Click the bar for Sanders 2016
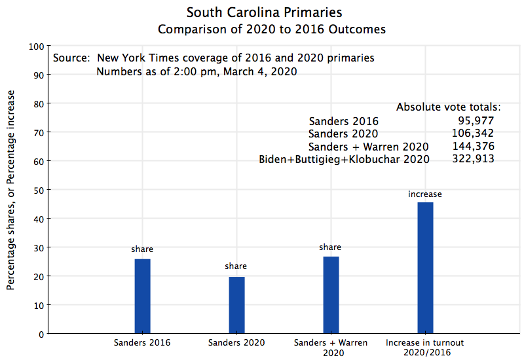[142, 296]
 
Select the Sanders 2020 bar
[236, 305]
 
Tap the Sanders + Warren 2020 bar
[331, 295]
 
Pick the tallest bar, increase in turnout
[425, 268]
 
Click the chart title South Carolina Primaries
[264, 12]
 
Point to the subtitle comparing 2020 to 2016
[271, 29]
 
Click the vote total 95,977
[476, 120]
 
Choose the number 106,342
[473, 134]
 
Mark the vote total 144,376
[473, 146]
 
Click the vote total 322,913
[473, 158]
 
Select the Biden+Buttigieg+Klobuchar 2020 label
[345, 159]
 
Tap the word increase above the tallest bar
[425, 194]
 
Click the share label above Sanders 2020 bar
[236, 266]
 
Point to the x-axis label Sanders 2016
[142, 342]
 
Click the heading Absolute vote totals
[449, 107]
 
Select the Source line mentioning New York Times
[214, 58]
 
